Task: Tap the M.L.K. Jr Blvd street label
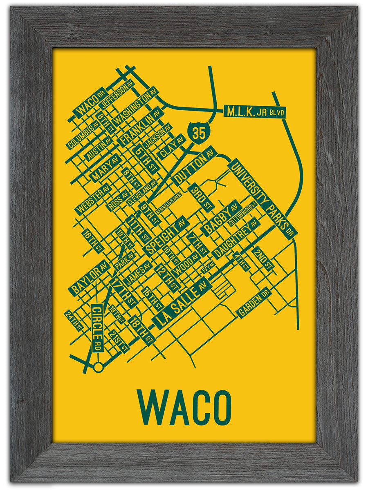(254, 111)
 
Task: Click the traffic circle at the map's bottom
(98, 367)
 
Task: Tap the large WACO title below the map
(184, 408)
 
